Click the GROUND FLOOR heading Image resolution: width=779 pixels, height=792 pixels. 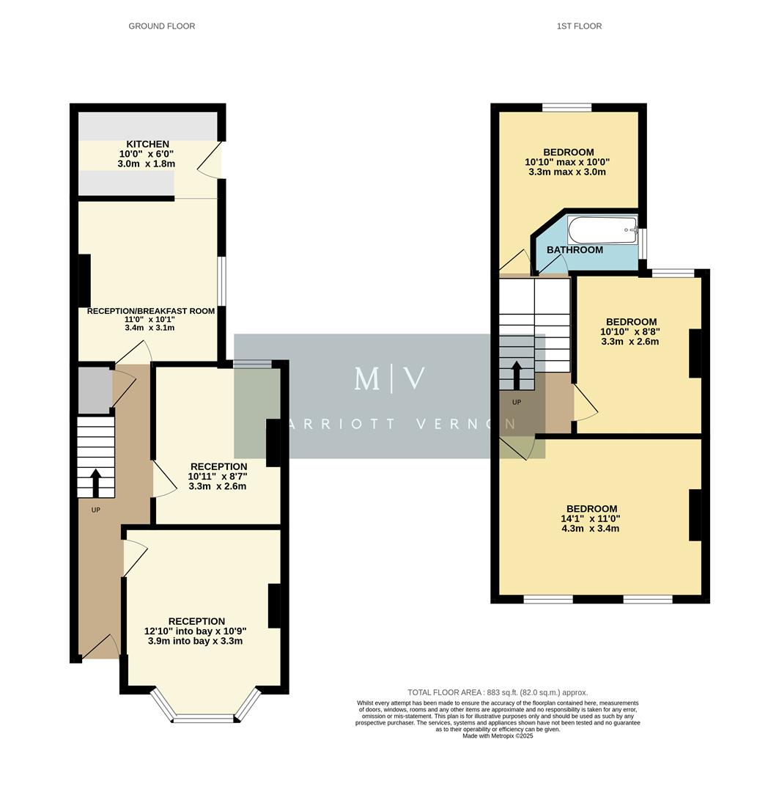pos(162,26)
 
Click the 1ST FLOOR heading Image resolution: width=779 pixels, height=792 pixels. pos(579,26)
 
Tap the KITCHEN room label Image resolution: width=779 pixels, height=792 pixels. pos(147,144)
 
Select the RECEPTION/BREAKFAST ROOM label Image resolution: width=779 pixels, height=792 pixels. pos(151,311)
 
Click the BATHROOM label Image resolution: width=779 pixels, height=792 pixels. pos(575,250)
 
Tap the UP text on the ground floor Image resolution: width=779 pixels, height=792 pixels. pos(95,510)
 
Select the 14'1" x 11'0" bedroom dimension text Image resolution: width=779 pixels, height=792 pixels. pos(591,518)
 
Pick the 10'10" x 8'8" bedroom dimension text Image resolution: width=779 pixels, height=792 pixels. pos(630,331)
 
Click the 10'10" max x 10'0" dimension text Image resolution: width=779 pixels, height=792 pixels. pos(567,162)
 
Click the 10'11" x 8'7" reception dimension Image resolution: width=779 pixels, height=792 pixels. pos(218,476)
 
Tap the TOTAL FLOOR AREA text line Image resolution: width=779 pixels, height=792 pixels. pos(498,692)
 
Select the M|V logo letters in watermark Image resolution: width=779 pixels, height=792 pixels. pos(389,378)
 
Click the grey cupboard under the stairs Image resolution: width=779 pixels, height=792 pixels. pos(95,389)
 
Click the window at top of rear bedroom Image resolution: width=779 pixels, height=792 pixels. pos(567,108)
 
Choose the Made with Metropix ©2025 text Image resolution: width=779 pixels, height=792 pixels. pos(498,736)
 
